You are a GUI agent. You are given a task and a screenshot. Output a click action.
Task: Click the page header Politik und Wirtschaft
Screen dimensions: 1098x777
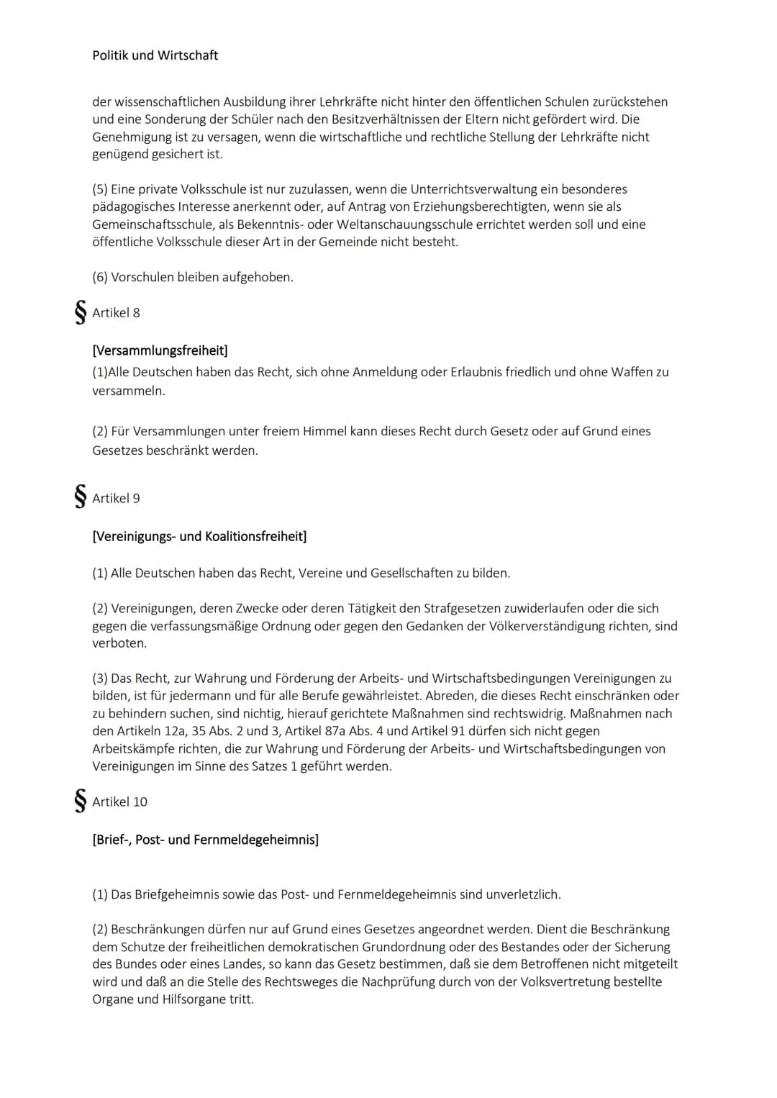(155, 55)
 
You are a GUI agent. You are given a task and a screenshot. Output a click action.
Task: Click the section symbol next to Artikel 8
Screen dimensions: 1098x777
(81, 312)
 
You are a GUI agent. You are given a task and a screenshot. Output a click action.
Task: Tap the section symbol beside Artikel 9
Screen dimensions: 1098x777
(81, 497)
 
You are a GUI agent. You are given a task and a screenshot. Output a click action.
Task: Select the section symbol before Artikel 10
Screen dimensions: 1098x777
(81, 801)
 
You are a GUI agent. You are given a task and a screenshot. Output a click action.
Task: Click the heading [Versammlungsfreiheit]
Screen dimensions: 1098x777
(160, 350)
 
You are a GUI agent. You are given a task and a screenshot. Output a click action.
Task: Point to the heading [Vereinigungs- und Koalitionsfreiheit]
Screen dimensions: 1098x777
(199, 536)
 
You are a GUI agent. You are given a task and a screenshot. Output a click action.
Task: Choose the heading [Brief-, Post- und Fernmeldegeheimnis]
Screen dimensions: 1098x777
(205, 840)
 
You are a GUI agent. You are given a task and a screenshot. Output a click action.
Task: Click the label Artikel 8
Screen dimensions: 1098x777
(116, 313)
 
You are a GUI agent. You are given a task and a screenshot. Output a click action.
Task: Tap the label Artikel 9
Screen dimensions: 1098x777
(116, 498)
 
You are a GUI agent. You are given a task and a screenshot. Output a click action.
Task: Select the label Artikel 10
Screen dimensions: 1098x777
(119, 802)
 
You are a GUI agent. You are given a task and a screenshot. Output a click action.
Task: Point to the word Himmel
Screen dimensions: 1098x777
(322, 431)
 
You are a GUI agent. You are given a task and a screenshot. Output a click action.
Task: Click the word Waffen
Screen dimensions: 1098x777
(631, 372)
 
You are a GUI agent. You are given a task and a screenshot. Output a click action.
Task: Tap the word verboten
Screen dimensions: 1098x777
(119, 643)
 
